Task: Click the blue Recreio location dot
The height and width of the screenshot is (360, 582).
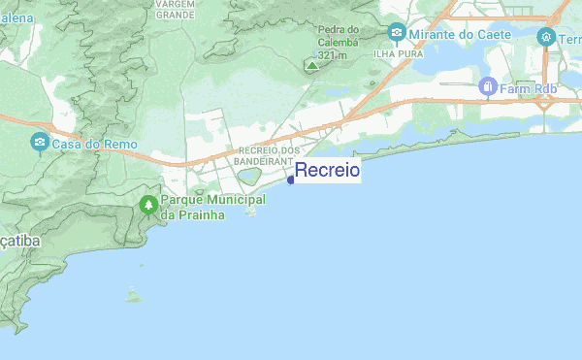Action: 291,180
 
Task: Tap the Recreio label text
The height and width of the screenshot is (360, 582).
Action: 327,171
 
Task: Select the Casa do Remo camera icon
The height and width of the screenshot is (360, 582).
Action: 40,143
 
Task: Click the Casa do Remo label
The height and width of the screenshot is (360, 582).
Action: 94,145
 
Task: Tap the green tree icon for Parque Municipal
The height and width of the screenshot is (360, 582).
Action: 147,205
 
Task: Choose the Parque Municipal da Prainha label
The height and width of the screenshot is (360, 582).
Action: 201,207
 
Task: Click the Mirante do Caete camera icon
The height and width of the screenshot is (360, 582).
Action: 396,35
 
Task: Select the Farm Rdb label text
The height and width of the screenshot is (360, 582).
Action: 530,89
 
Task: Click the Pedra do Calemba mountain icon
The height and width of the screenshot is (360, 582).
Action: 311,66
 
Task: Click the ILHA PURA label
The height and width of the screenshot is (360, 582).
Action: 397,55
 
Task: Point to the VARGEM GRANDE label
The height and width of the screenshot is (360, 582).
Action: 175,10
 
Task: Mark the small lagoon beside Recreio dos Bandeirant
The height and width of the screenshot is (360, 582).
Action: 249,177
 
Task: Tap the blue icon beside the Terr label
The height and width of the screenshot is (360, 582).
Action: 546,37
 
